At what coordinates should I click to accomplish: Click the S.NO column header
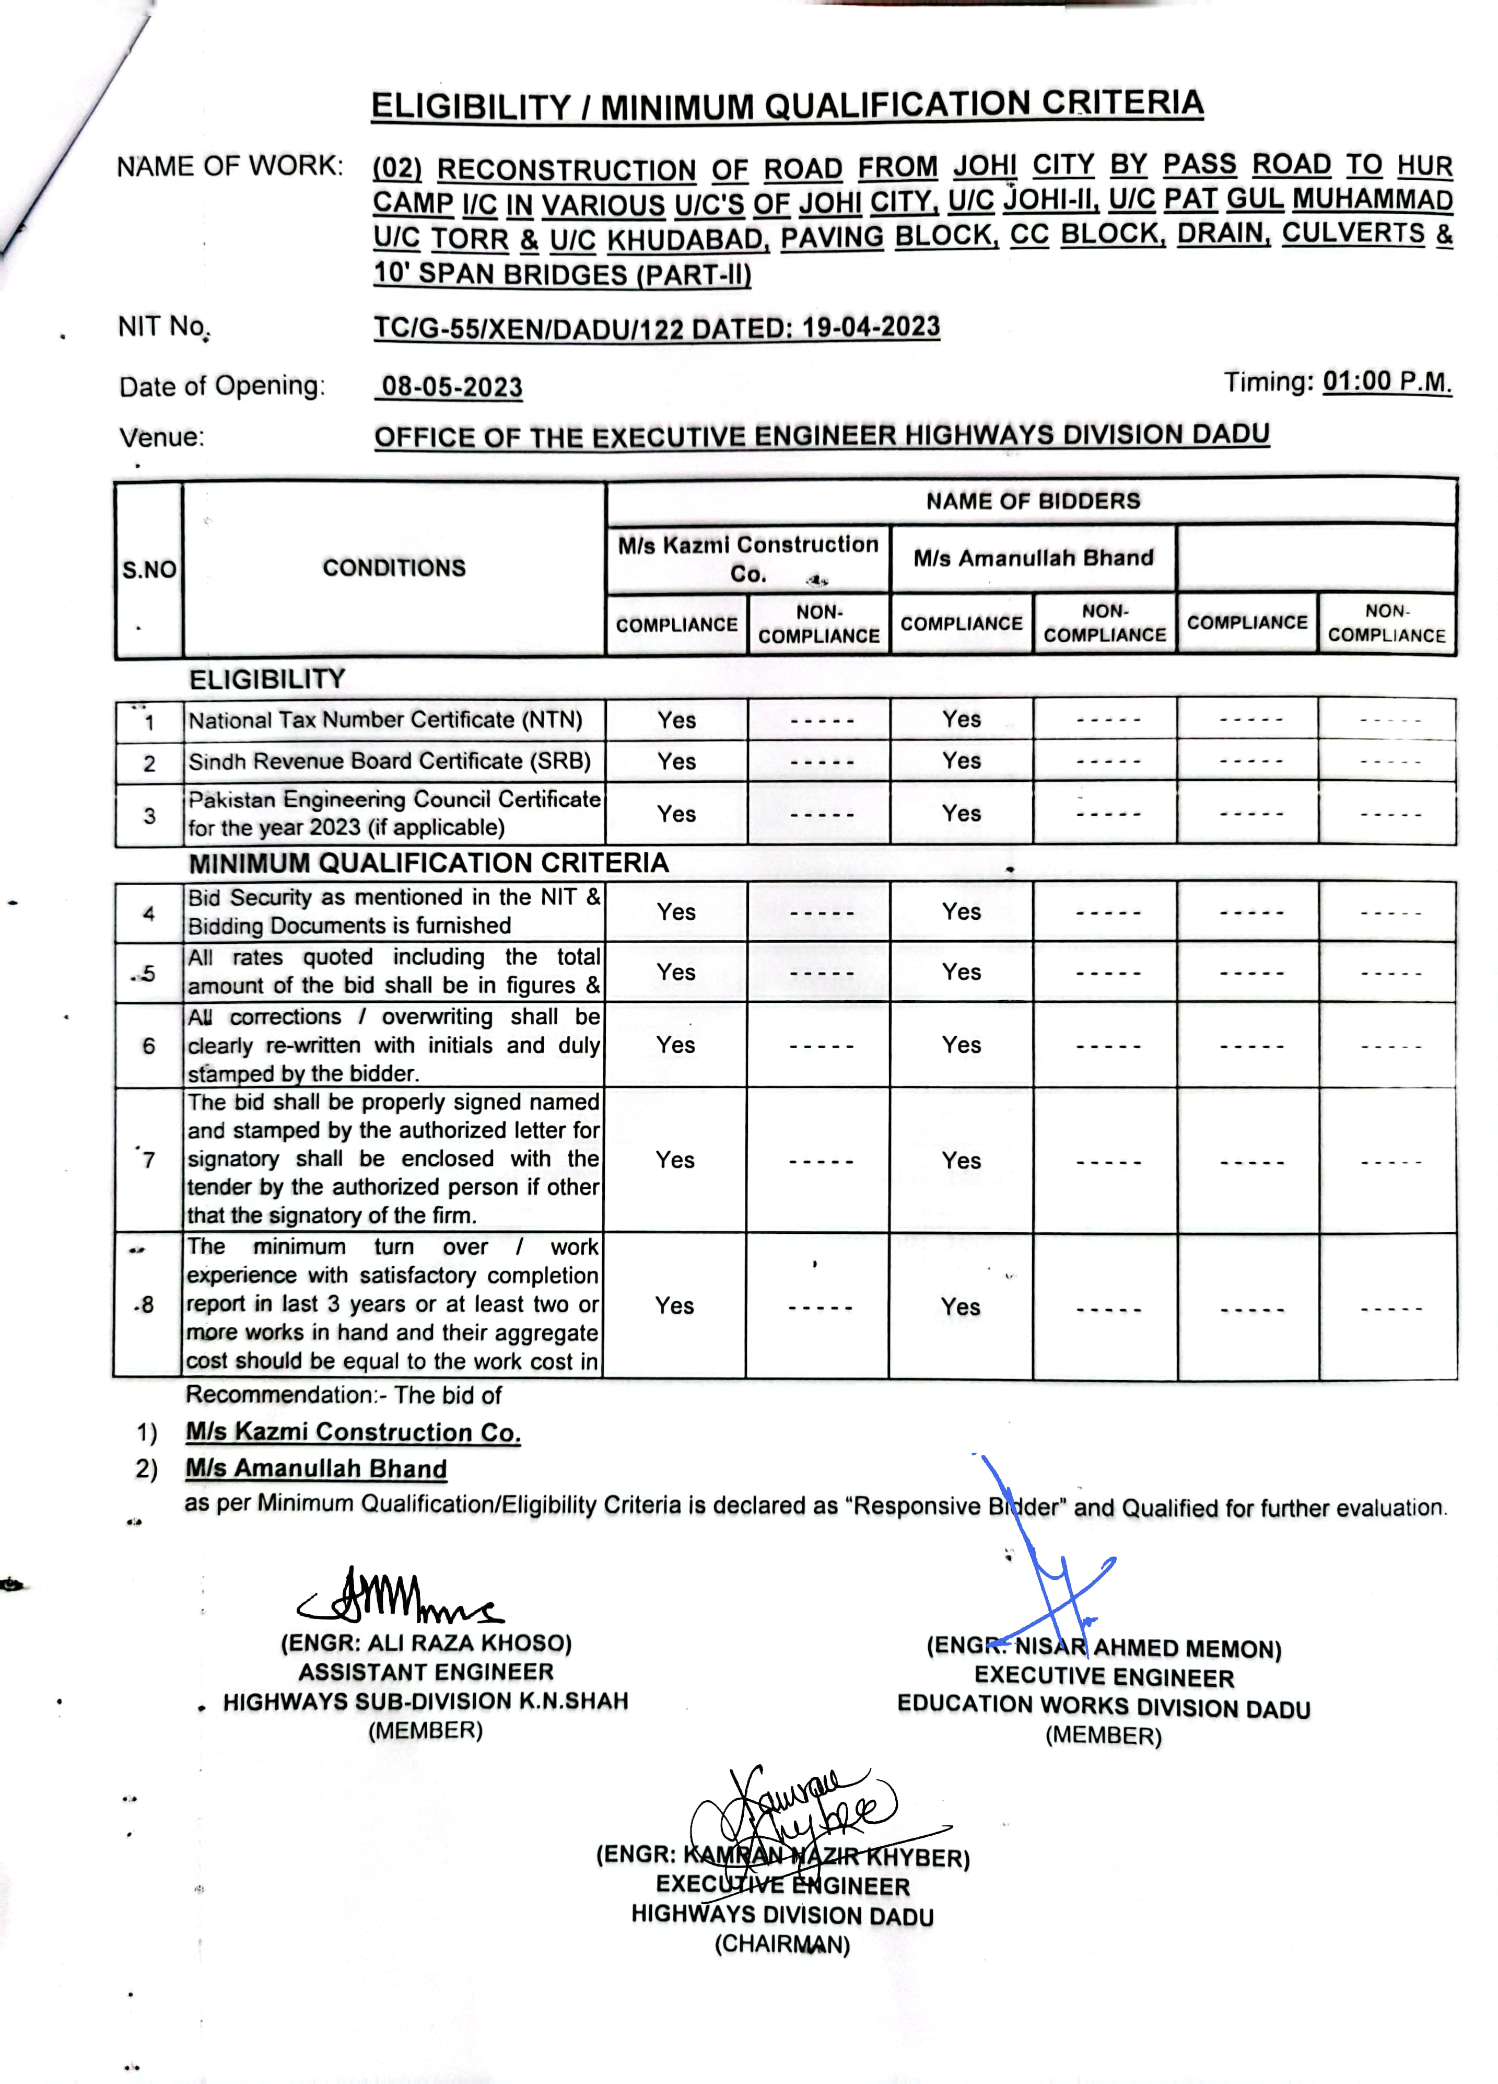pyautogui.click(x=149, y=570)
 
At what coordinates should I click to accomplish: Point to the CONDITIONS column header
pyautogui.click(x=394, y=568)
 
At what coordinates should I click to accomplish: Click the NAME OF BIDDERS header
pyautogui.click(x=1032, y=501)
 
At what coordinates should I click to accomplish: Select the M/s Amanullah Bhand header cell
pyautogui.click(x=1033, y=558)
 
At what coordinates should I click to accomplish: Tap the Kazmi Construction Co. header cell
pyautogui.click(x=747, y=558)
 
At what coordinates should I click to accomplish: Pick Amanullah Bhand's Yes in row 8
pyautogui.click(x=961, y=1306)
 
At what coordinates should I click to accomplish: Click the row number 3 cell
pyautogui.click(x=149, y=815)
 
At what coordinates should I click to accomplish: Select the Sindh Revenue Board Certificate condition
pyautogui.click(x=390, y=762)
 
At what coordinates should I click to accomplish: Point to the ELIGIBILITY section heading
pyautogui.click(x=267, y=679)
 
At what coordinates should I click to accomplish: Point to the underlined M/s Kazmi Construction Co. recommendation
pyautogui.click(x=353, y=1432)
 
